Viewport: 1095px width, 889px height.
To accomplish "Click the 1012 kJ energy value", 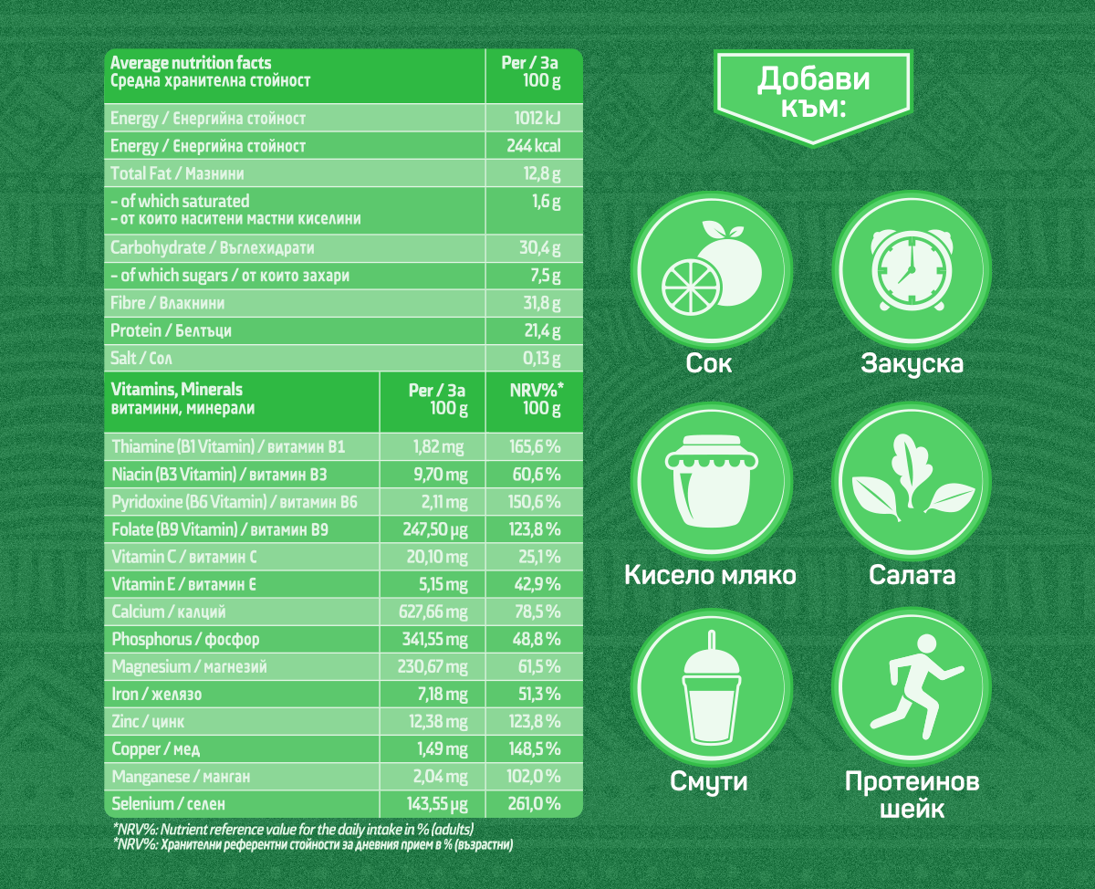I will (x=537, y=119).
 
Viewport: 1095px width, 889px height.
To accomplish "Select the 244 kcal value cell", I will (x=534, y=146).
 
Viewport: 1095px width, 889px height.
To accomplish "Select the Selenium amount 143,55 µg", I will (x=436, y=804).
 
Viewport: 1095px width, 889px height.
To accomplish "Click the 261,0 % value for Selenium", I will (x=535, y=804).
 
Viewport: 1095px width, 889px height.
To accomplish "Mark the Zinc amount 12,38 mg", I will (x=438, y=722).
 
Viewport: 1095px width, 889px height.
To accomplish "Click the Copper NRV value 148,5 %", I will (x=536, y=749).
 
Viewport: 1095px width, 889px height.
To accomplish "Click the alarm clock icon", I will (x=912, y=266).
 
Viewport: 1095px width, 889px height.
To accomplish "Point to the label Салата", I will (x=912, y=575).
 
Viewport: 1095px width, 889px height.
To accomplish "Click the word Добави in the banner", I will (x=814, y=80).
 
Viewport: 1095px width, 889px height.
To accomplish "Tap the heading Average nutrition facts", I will (x=191, y=63).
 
